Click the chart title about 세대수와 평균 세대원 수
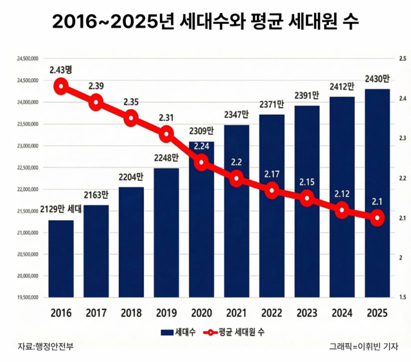(205, 22)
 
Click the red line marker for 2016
(61, 86)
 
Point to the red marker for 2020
(202, 162)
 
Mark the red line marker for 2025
(377, 219)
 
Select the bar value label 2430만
(377, 79)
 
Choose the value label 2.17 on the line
(272, 174)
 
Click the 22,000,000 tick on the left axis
(26, 189)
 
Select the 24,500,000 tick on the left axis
(26, 81)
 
